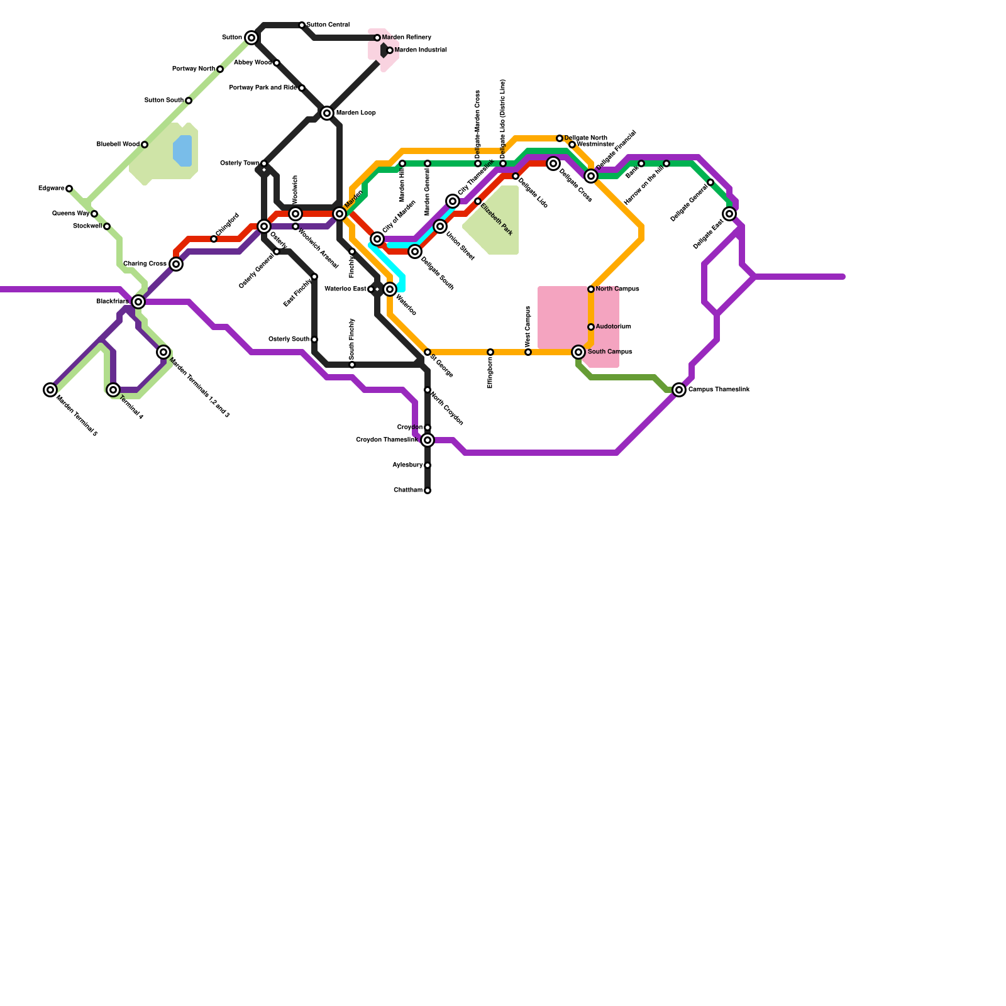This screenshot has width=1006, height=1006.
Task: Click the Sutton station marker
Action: pos(251,38)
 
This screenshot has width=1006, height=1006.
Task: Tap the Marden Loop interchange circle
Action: pos(327,113)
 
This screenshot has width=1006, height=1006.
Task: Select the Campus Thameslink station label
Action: pos(719,390)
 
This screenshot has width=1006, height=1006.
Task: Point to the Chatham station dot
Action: pos(428,490)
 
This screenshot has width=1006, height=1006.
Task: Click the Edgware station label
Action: pos(51,189)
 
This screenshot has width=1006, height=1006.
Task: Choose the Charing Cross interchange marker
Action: pos(176,264)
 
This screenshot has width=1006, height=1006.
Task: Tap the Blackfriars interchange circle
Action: pos(138,302)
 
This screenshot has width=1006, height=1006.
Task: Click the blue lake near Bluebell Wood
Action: pos(182,151)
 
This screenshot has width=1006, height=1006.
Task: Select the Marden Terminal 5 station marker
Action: pos(50,390)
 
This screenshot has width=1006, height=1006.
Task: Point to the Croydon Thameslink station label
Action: pos(387,440)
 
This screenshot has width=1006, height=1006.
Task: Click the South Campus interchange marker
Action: pos(578,352)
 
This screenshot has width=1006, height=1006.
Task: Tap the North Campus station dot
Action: pos(591,289)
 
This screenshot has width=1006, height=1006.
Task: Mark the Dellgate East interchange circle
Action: pos(729,214)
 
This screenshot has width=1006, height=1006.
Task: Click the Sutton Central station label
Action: pos(328,25)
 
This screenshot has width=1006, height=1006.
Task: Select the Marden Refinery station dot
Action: pos(377,38)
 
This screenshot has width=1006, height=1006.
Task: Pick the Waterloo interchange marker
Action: pos(390,289)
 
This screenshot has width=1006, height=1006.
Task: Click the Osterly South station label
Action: pos(289,340)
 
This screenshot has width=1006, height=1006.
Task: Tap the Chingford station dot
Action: pos(214,239)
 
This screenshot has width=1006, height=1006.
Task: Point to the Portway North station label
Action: pos(194,69)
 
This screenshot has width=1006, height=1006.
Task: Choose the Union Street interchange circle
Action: pos(440,226)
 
